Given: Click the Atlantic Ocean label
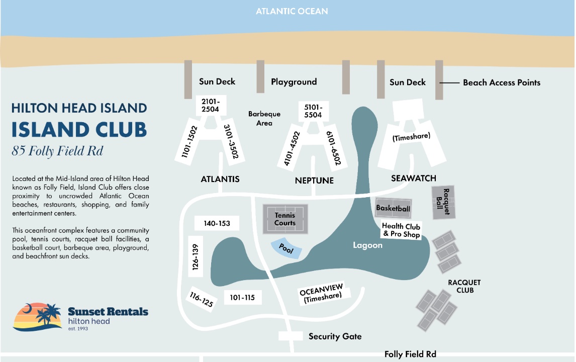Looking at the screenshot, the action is pyautogui.click(x=292, y=12).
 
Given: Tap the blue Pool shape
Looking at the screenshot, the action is pyautogui.click(x=286, y=249).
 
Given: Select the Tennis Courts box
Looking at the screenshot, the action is pyautogui.click(x=285, y=219).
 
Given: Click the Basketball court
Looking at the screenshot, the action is pyautogui.click(x=393, y=208).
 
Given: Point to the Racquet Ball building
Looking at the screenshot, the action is pyautogui.click(x=443, y=202).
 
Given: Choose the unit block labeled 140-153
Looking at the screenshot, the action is pyautogui.click(x=217, y=223).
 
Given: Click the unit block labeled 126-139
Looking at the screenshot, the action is pyautogui.click(x=195, y=257).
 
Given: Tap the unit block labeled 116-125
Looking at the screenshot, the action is pyautogui.click(x=202, y=299).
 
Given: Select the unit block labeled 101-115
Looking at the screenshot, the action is pyautogui.click(x=242, y=297).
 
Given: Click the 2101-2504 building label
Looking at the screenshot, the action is pyautogui.click(x=211, y=106).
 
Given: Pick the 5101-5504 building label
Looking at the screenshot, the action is pyautogui.click(x=313, y=111).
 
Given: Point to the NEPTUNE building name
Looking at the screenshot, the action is pyautogui.click(x=315, y=180).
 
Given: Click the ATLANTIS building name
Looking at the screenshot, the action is pyautogui.click(x=220, y=179).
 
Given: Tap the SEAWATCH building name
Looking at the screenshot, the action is pyautogui.click(x=414, y=178).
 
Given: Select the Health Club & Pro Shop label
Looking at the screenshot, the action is pyautogui.click(x=401, y=230).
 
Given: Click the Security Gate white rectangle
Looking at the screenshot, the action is pyautogui.click(x=291, y=336).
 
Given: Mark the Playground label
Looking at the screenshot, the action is pyautogui.click(x=294, y=82).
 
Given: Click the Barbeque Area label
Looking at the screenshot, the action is pyautogui.click(x=264, y=118).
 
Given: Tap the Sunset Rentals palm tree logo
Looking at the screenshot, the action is pyautogui.click(x=38, y=316).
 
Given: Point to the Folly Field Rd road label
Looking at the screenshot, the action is pyautogui.click(x=410, y=354).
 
